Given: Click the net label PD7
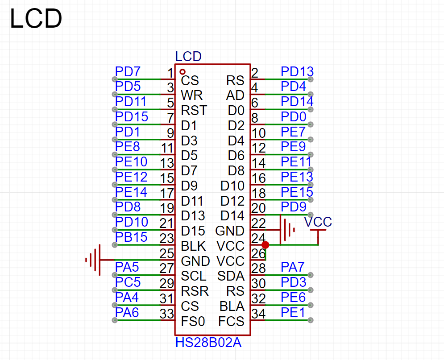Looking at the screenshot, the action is coord(128,72).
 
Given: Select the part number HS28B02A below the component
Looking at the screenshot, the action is coord(208,343).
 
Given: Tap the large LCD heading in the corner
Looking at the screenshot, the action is coord(36,19).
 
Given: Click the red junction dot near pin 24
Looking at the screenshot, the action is coord(266,245).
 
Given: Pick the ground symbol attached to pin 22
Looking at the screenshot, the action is coord(287,230).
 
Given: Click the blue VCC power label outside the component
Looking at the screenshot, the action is coord(318,222).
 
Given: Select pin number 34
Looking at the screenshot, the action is coord(258,314).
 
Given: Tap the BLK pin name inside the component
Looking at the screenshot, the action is coord(193,246).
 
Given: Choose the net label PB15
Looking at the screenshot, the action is coord(131,237).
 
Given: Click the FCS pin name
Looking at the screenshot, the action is coord(231,322).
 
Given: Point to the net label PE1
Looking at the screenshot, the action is coord(293,313).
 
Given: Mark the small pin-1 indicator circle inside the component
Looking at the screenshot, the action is coord(183,72).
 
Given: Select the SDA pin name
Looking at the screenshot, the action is coord(231,276).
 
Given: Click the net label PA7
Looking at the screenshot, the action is coord(293,267).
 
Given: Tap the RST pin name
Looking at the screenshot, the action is coord(194,111).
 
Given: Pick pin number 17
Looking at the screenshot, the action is coord(167,194).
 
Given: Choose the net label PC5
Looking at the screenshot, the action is coord(128,282).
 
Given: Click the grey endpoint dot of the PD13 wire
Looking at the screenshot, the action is coord(311,79).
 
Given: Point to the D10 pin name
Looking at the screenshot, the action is coord(232,186).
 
